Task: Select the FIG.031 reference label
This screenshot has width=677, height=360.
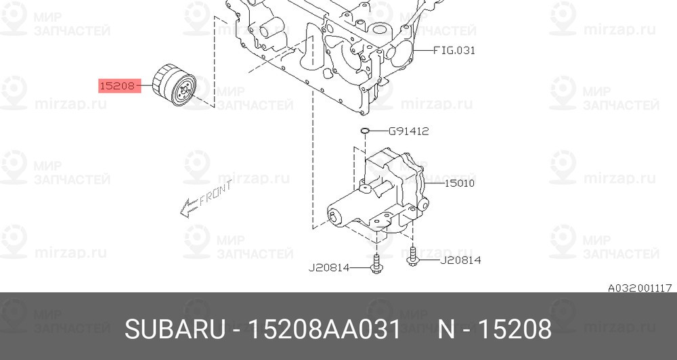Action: pos(453,50)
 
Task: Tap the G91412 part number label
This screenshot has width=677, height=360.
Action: pos(408,131)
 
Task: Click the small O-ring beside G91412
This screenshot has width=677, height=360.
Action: pos(364,131)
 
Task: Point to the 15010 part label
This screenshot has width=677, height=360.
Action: pos(460,183)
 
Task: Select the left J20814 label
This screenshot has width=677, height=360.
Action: pos(329,267)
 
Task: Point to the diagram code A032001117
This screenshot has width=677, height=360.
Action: pos(639,287)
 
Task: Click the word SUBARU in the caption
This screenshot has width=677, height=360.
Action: pos(174,330)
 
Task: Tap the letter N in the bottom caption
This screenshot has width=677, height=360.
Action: pos(446,330)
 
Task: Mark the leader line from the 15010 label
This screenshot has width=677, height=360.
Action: pos(433,183)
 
